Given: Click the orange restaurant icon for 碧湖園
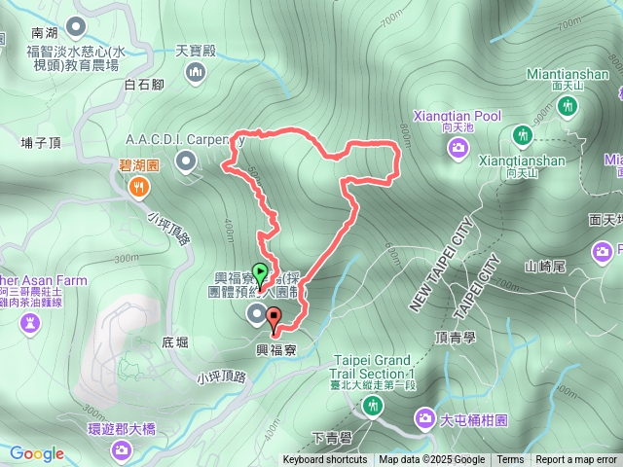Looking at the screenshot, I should (x=139, y=186).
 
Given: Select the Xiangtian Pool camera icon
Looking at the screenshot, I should (x=458, y=147).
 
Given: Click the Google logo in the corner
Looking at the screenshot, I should (x=36, y=453).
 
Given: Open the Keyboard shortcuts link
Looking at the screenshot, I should (x=325, y=460).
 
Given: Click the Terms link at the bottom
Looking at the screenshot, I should (x=510, y=460).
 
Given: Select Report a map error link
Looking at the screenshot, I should (x=576, y=460).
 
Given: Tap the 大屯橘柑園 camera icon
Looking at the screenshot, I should (x=425, y=418).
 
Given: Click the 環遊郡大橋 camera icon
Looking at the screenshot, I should (x=121, y=449).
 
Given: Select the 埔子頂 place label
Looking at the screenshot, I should (x=40, y=143).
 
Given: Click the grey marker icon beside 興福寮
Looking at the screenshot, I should (x=256, y=312).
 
